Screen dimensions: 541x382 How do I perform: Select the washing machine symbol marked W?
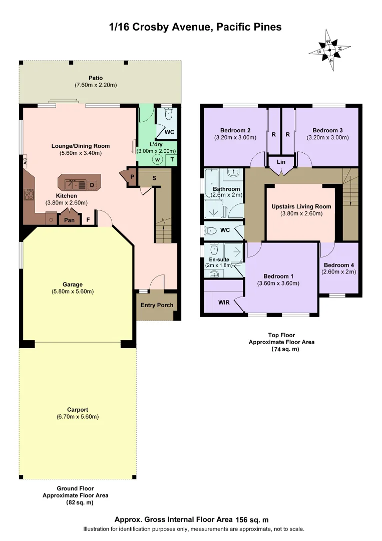157,160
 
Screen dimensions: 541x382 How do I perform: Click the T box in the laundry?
172,160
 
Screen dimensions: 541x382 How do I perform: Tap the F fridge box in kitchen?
89,219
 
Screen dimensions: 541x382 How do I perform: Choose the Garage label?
72,285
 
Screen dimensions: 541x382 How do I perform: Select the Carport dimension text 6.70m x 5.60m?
78,417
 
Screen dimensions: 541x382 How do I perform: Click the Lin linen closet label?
281,162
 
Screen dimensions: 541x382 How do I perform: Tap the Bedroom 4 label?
339,265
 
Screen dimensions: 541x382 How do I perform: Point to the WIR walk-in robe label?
224,303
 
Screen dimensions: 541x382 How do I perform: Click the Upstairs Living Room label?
300,206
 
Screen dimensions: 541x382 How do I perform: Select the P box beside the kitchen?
132,177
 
